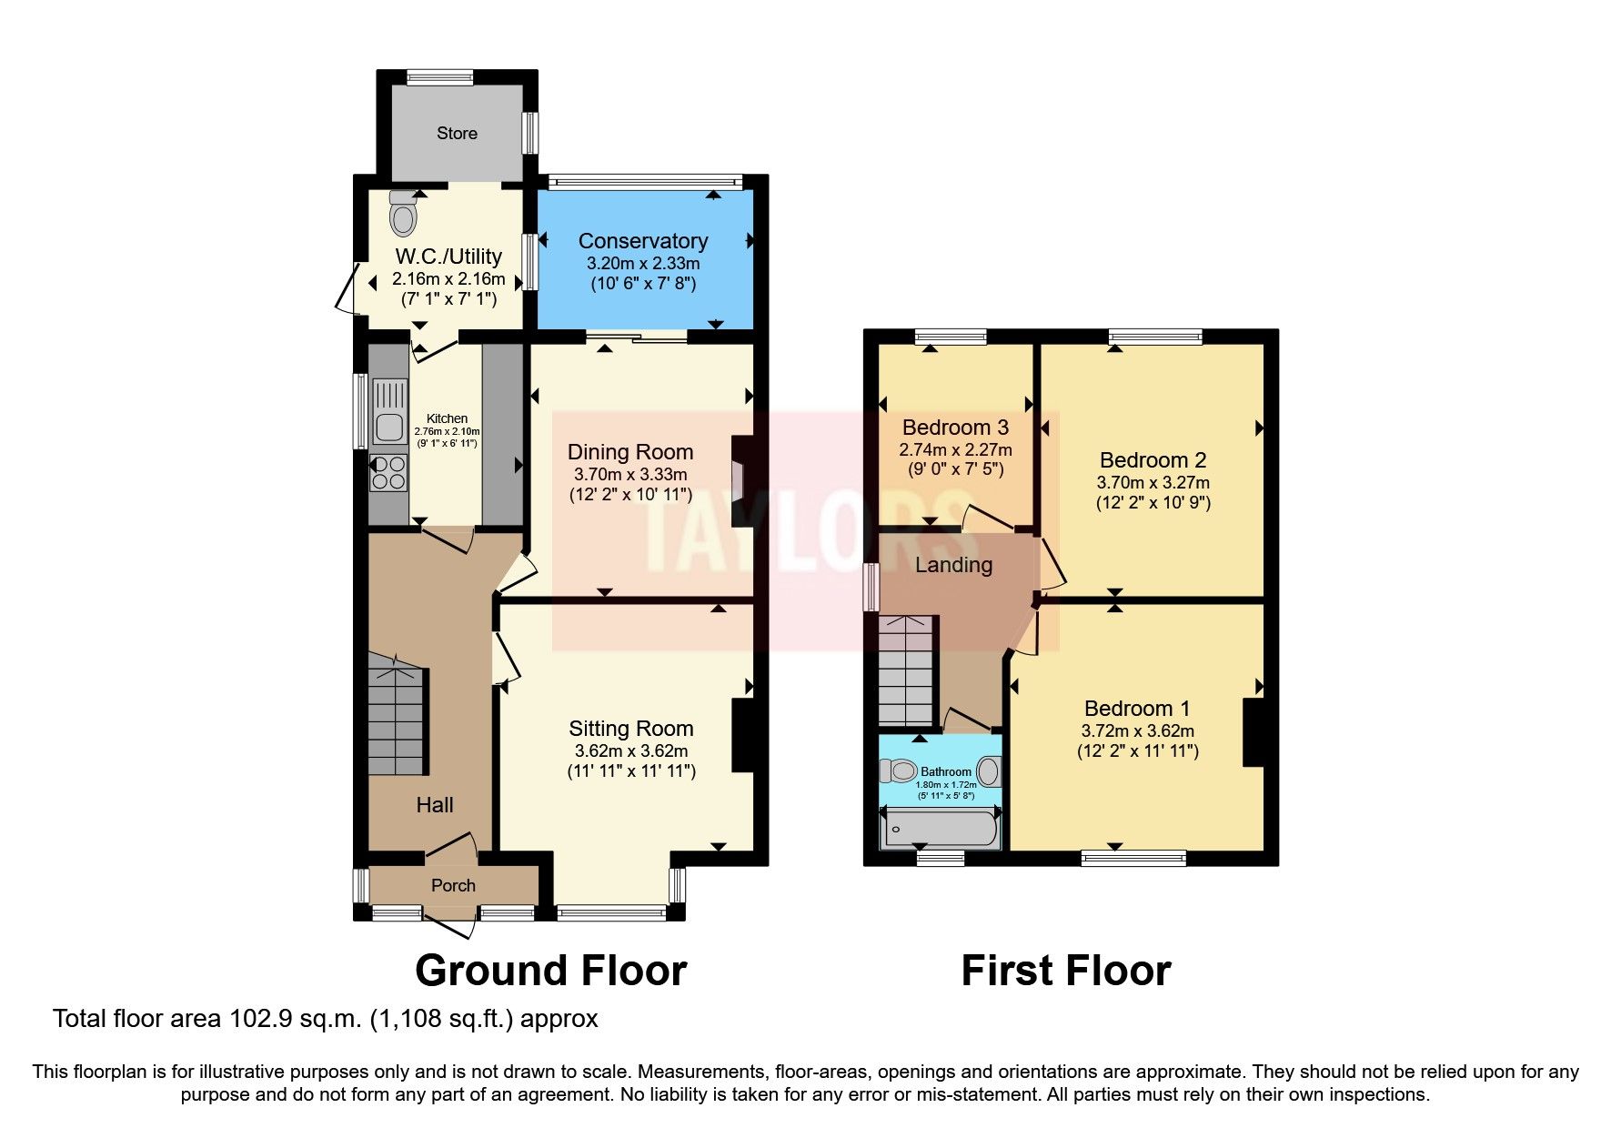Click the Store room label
click(x=457, y=134)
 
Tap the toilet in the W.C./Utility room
click(x=403, y=217)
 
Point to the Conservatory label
click(x=642, y=241)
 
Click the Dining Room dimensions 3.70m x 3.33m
click(x=630, y=475)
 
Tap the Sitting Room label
click(x=630, y=729)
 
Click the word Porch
click(x=453, y=885)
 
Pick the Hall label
click(x=435, y=805)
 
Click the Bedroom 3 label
click(x=955, y=428)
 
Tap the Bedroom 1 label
click(x=1137, y=709)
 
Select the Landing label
click(x=953, y=566)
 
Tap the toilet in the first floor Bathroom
click(x=899, y=772)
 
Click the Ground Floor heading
click(x=550, y=971)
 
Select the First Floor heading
click(x=1065, y=971)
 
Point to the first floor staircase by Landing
click(x=906, y=673)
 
